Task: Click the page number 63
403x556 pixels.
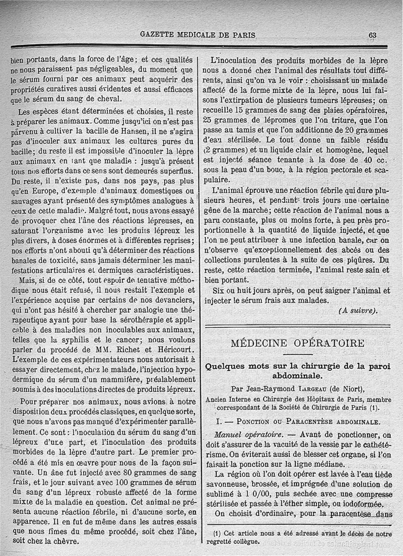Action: coord(372,35)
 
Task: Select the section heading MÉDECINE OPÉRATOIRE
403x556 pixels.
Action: coord(297,344)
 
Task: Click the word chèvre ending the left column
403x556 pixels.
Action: coord(65,541)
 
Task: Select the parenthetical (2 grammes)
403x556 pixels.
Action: coord(230,149)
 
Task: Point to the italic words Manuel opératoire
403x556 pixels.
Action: coord(249,435)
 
